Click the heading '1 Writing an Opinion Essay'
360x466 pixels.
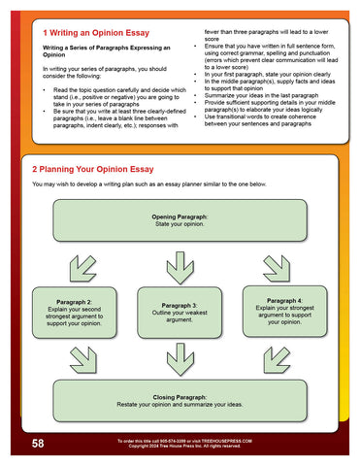pyautogui.click(x=94, y=33)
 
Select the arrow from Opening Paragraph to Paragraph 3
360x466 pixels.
pyautogui.click(x=180, y=262)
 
